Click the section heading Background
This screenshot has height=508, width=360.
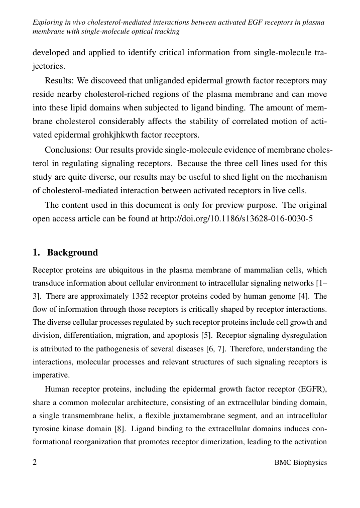[72, 252]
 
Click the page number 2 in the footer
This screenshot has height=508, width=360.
[35, 462]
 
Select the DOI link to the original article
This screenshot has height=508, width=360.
[236, 219]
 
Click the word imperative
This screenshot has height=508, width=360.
[50, 374]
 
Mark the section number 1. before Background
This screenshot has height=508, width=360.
[36, 252]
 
